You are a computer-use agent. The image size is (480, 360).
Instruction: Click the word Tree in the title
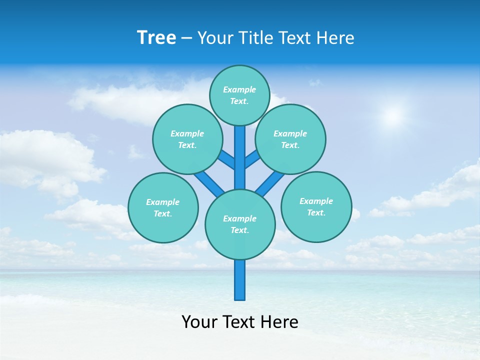pos(156,38)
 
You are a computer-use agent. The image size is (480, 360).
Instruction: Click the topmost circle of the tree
pos(239,95)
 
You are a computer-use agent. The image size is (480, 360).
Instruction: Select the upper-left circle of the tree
pos(187,139)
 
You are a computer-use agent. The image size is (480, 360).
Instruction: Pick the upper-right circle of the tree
pos(290,139)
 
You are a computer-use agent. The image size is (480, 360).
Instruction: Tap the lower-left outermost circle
pos(163,207)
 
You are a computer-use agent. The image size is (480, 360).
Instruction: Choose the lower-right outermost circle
pos(316,206)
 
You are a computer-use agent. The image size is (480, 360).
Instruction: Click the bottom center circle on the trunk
pos(240,224)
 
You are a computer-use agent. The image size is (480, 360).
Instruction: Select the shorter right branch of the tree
pos(252,159)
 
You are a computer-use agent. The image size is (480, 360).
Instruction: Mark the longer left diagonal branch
pos(209,182)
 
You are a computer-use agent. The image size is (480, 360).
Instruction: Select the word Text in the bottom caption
pos(239,322)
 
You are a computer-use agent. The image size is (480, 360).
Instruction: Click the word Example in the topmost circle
pos(239,90)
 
